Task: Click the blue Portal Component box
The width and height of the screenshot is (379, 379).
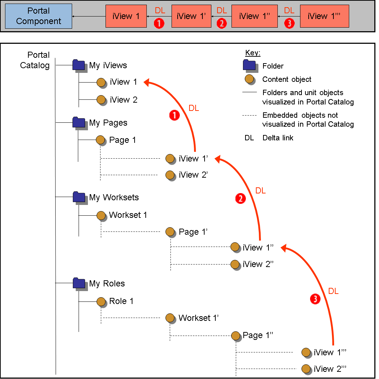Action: (38, 16)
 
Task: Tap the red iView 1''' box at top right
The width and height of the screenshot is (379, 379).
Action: (324, 16)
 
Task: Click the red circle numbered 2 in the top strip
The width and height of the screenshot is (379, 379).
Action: (222, 24)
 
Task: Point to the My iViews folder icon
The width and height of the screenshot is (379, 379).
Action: (78, 65)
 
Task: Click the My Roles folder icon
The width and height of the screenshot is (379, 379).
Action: (78, 283)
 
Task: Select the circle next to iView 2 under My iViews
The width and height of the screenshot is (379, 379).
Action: (101, 99)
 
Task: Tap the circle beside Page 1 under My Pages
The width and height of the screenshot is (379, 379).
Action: (100, 140)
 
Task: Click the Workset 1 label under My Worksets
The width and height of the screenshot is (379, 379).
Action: (128, 215)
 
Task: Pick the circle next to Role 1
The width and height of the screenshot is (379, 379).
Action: (100, 301)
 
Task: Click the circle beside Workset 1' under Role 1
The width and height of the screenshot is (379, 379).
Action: (170, 318)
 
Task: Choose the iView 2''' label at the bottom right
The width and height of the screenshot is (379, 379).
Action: (329, 369)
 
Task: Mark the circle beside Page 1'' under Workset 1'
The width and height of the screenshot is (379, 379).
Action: (235, 335)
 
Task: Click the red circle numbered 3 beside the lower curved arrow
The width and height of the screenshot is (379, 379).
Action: (315, 299)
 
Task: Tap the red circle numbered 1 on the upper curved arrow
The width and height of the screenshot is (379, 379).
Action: (174, 115)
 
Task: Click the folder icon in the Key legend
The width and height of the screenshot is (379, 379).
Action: (249, 65)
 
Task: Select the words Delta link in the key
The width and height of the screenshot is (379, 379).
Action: (278, 138)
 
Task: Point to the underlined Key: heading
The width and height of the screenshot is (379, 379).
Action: (253, 53)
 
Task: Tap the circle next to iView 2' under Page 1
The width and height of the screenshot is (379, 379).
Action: (170, 175)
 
